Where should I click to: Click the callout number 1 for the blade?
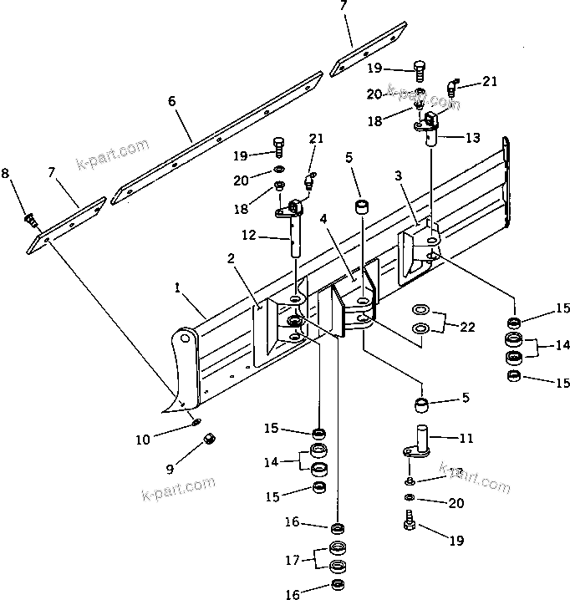[177, 287]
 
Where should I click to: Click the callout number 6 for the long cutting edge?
[171, 101]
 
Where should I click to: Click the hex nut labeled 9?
[211, 439]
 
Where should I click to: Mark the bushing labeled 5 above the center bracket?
[364, 206]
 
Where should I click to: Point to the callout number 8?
[6, 173]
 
